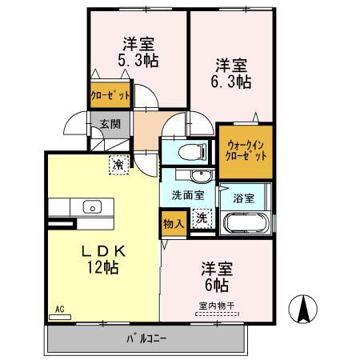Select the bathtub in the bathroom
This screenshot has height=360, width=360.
point(246,224)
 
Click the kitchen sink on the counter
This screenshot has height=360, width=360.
point(91,206)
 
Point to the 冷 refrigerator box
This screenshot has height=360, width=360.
point(118,165)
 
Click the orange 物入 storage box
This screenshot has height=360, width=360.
point(174,223)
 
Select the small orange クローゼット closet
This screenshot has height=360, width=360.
point(109,94)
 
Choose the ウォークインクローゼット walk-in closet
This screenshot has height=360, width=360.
point(246,151)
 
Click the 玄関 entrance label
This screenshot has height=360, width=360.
point(110,124)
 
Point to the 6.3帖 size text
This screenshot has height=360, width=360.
point(233,81)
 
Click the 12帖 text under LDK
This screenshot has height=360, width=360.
point(104,267)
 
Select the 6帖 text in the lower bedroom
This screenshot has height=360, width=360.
point(215,284)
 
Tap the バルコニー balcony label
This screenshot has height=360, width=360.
point(146,338)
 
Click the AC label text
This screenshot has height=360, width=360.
point(59,309)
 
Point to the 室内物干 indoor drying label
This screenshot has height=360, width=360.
point(215,305)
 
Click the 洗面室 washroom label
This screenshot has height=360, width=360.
point(187,194)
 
